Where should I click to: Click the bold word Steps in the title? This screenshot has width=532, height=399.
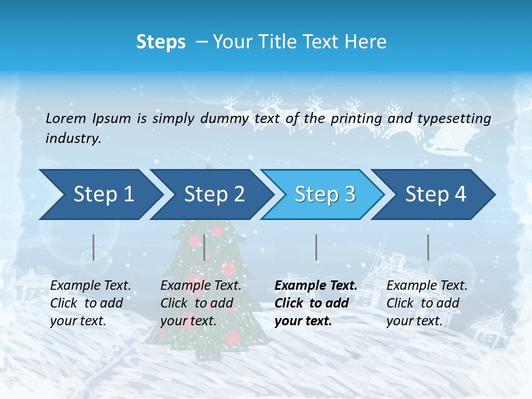pyautogui.click(x=161, y=42)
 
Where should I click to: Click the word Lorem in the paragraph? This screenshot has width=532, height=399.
pyautogui.click(x=65, y=118)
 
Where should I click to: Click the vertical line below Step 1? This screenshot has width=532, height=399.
pyautogui.click(x=93, y=247)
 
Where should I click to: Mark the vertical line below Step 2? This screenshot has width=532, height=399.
pyautogui.click(x=204, y=247)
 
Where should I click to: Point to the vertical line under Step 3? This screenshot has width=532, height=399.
pyautogui.click(x=316, y=247)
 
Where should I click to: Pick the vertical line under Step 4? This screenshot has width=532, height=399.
pyautogui.click(x=428, y=247)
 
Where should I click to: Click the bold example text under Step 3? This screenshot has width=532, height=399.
pyautogui.click(x=315, y=303)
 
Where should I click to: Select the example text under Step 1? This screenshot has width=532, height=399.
pyautogui.click(x=90, y=303)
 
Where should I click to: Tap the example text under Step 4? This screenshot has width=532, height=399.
pyautogui.click(x=426, y=303)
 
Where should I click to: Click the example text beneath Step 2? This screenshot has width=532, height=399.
pyautogui.click(x=201, y=303)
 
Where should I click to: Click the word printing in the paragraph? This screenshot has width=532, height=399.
pyautogui.click(x=356, y=119)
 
